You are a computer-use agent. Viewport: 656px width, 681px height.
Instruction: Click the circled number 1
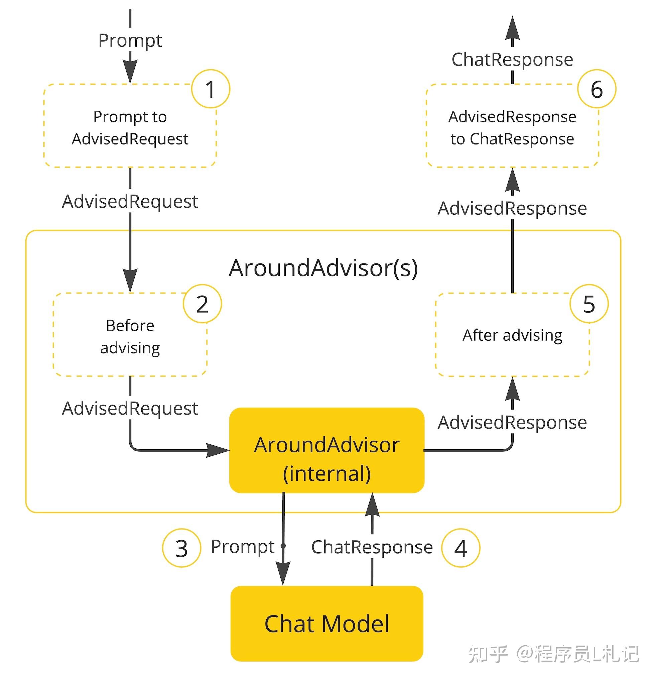click(211, 89)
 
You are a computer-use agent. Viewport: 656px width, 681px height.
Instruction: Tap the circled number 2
click(202, 304)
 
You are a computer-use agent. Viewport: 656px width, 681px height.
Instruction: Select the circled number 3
click(181, 548)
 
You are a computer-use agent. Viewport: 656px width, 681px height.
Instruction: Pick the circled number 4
click(461, 548)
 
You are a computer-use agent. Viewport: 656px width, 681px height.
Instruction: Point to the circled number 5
click(589, 304)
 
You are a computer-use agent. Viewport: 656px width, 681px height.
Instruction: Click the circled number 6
click(597, 89)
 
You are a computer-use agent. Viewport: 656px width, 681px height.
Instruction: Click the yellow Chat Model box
click(326, 624)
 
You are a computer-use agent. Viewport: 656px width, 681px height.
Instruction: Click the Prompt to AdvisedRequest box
click(130, 127)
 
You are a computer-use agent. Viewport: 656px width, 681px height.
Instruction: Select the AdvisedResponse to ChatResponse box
click(512, 127)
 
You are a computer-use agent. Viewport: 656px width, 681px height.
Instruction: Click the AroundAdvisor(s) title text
click(323, 268)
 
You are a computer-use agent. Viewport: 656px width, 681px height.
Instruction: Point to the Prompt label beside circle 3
click(242, 547)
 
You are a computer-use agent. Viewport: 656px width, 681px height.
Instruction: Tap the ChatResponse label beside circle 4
click(372, 547)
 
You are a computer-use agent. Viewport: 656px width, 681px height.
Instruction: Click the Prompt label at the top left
click(130, 41)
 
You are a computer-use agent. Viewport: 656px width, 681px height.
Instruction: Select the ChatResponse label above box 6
click(512, 60)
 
